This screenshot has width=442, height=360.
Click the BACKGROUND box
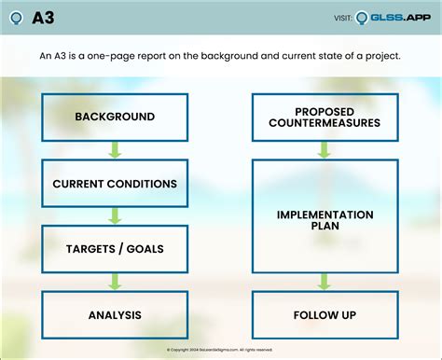[x=116, y=117]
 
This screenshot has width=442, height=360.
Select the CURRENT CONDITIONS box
[x=116, y=183]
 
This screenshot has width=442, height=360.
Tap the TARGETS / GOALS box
[x=116, y=249]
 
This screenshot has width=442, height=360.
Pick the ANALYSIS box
[x=116, y=314]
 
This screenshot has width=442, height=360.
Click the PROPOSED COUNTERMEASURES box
[x=325, y=117]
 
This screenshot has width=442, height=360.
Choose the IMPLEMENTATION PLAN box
[x=325, y=220]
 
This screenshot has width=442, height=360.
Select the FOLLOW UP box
[x=325, y=314]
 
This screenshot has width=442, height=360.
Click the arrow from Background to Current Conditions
[x=116, y=149]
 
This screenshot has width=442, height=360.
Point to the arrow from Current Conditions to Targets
[x=116, y=215]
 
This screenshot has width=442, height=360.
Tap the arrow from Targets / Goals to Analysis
[x=116, y=282]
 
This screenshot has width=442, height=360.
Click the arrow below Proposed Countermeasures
[x=325, y=149]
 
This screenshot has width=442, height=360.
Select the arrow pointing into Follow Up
[x=325, y=282]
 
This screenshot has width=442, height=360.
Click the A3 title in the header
[x=43, y=18]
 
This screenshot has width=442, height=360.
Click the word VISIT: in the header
[x=342, y=19]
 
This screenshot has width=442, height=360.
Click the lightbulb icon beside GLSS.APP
[x=362, y=18]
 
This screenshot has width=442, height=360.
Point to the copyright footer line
[x=220, y=350]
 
